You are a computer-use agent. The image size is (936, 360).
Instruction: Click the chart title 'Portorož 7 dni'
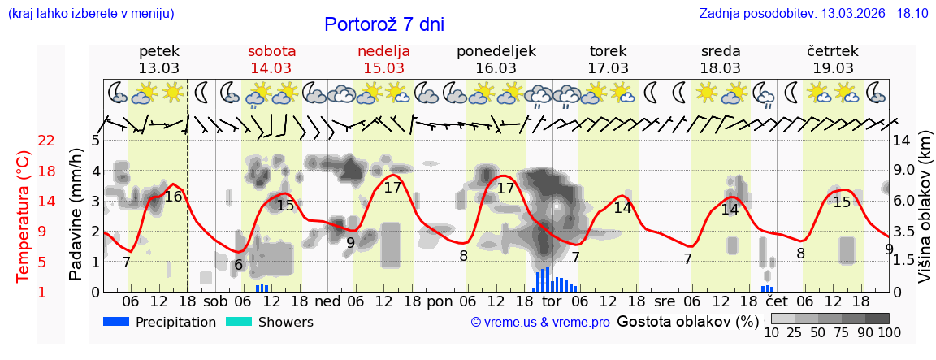point(383,24)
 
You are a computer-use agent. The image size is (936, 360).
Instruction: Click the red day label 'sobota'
point(271,51)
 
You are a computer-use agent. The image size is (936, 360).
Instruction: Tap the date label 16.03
point(496,68)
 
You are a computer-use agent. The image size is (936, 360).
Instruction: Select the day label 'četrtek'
point(833,51)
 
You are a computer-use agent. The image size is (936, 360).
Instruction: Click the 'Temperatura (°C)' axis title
point(24,216)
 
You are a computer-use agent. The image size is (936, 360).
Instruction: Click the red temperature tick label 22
point(47,141)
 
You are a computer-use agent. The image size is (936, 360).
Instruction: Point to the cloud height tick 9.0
point(903,171)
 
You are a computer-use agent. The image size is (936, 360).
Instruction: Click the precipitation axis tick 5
point(95,141)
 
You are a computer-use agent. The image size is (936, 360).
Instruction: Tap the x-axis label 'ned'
point(328,301)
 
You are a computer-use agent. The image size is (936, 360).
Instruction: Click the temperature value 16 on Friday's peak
point(173,196)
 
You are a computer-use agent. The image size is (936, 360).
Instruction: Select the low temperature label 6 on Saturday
point(238,265)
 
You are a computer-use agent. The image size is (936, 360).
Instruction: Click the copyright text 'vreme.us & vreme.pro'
point(540,323)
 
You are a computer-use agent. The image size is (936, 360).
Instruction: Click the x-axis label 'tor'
point(552,301)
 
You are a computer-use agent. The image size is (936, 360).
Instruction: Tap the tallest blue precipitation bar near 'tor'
point(547,279)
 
